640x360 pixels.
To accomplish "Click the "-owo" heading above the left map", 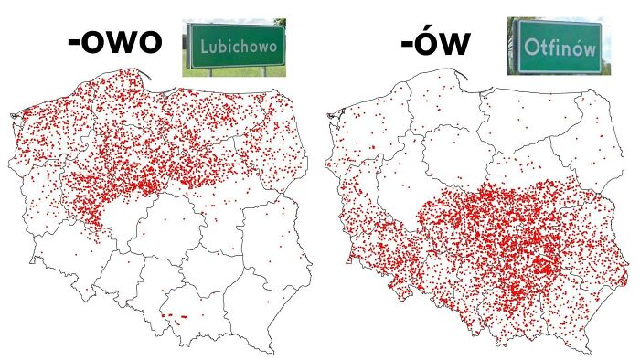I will pos(113,43).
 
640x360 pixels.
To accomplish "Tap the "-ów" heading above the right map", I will pos(434,43).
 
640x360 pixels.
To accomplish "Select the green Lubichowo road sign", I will pos(236,46).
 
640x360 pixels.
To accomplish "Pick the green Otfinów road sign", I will pos(558,46).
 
